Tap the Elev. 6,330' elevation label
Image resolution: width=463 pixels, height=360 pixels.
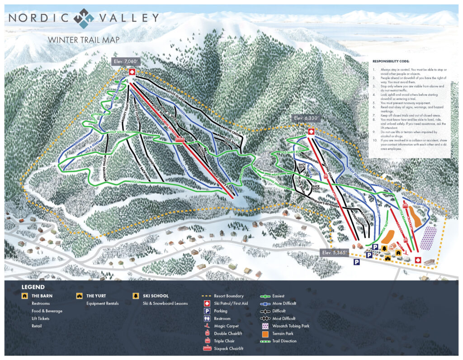coord(306,118)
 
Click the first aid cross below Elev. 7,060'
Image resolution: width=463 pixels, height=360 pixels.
coord(132,72)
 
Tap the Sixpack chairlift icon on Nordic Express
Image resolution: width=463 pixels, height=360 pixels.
coord(180,140)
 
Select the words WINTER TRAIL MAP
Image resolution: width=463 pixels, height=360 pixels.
coord(84,40)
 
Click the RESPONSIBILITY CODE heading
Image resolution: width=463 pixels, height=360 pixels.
coord(391,61)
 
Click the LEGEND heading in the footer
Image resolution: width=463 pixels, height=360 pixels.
coord(33,287)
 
